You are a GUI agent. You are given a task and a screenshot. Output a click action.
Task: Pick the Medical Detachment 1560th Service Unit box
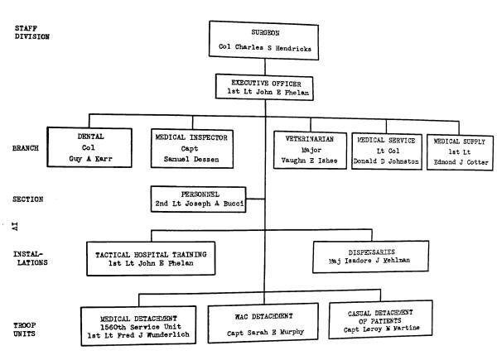pyautogui.click(x=141, y=319)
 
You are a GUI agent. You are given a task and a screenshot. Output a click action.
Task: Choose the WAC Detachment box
pyautogui.click(x=263, y=319)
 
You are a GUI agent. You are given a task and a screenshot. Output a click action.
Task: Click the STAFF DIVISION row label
pyautogui.click(x=31, y=33)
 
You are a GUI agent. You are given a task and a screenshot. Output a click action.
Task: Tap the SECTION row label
pyautogui.click(x=30, y=199)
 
